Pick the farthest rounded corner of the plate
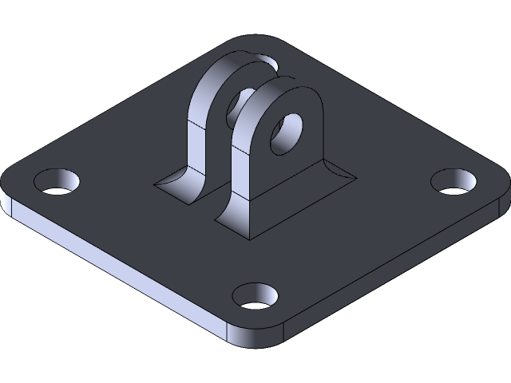click(255, 40)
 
